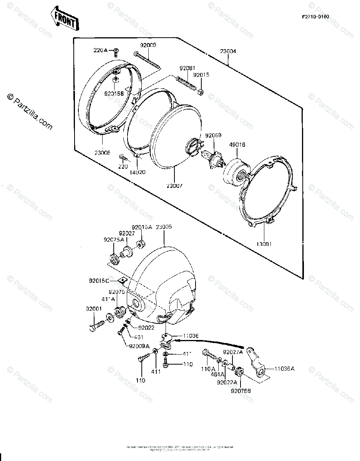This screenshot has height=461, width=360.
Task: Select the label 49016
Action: [x=237, y=145]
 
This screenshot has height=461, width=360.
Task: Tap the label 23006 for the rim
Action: [x=103, y=153]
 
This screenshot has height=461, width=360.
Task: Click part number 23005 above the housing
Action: [x=163, y=227]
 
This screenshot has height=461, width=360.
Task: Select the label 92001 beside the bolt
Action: [x=94, y=308]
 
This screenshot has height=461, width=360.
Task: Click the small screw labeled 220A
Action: [x=116, y=51]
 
